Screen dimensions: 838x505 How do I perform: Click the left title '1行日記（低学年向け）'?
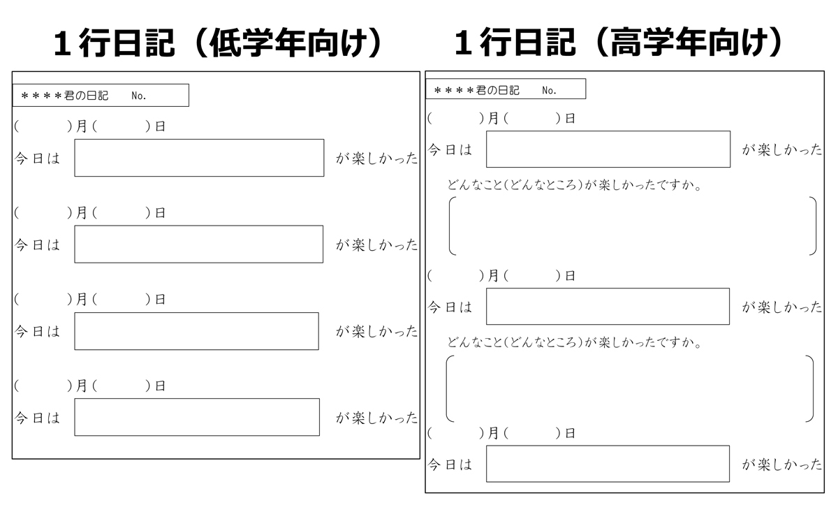pyautogui.click(x=218, y=43)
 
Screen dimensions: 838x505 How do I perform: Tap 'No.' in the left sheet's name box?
pyautogui.click(x=138, y=96)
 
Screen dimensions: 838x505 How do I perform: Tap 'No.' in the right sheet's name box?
pyautogui.click(x=549, y=90)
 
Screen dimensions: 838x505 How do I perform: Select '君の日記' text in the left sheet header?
pyautogui.click(x=86, y=96)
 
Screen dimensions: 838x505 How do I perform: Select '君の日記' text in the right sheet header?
pyautogui.click(x=497, y=90)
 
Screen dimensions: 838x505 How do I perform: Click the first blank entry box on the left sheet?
pyautogui.click(x=199, y=158)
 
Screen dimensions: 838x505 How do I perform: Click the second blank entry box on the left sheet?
pyautogui.click(x=198, y=244)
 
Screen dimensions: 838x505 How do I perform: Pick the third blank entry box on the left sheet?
pyautogui.click(x=196, y=331)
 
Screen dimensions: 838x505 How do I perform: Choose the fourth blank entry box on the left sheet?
pyautogui.click(x=197, y=417)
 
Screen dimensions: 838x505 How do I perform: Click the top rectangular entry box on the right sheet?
pyautogui.click(x=608, y=149)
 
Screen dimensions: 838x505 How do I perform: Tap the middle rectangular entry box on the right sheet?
pyautogui.click(x=608, y=307)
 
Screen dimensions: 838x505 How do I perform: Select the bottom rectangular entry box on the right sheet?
pyautogui.click(x=608, y=464)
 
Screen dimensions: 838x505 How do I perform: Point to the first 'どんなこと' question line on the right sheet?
pyautogui.click(x=574, y=185)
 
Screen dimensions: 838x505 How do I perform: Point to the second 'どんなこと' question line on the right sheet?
pyautogui.click(x=574, y=342)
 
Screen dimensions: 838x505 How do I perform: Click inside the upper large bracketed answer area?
pyautogui.click(x=632, y=226)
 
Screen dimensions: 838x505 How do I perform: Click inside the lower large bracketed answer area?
pyautogui.click(x=630, y=388)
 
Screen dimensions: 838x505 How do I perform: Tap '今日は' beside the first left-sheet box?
pyautogui.click(x=37, y=159)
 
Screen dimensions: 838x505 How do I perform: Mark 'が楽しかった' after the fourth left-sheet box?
pyautogui.click(x=376, y=418)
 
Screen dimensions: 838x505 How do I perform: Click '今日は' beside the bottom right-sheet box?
pyautogui.click(x=450, y=464)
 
